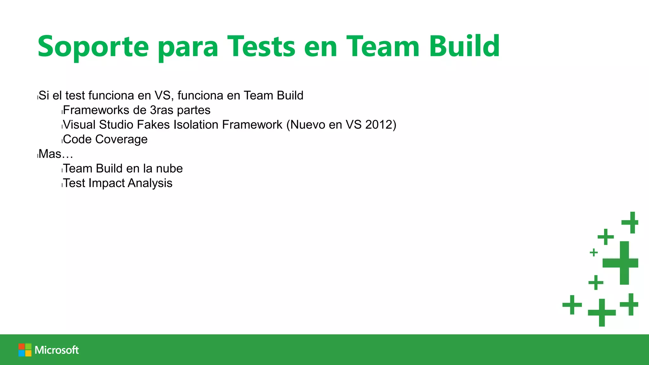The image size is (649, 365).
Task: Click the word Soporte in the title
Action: pyautogui.click(x=93, y=47)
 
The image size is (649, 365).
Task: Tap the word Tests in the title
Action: pyautogui.click(x=261, y=47)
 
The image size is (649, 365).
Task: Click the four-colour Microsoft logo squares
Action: pyautogui.click(x=25, y=350)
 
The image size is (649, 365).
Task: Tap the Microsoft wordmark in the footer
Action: pyautogui.click(x=57, y=350)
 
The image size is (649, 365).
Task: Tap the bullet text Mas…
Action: pyautogui.click(x=56, y=154)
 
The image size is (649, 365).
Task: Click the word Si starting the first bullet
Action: pyautogui.click(x=44, y=95)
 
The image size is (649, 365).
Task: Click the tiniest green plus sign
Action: pyautogui.click(x=594, y=253)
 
